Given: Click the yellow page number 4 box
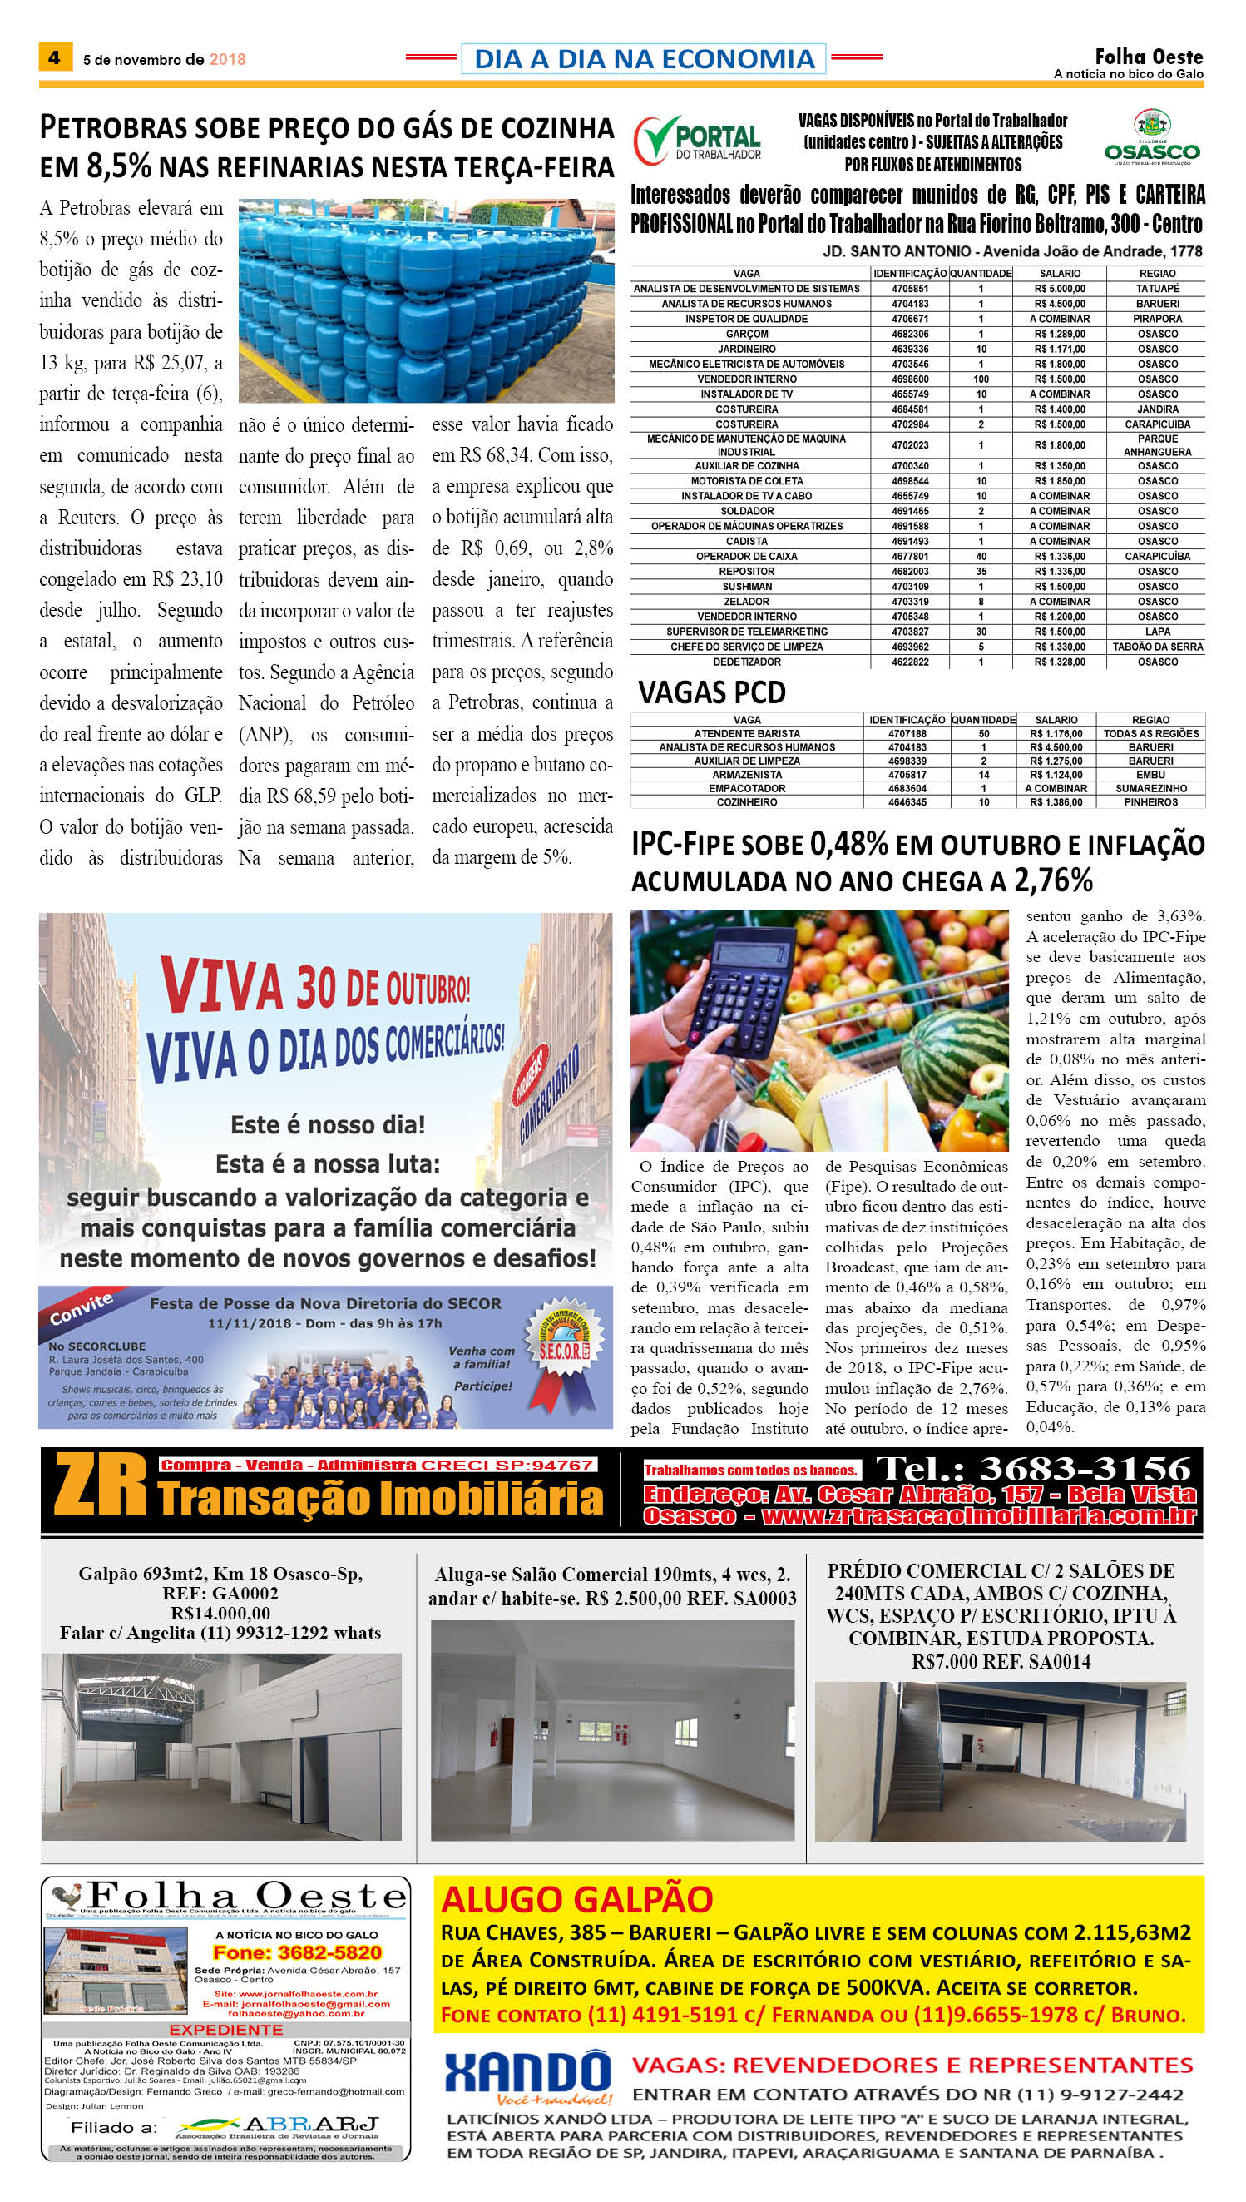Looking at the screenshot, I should (54, 57).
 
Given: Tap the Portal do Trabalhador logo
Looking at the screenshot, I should (698, 140).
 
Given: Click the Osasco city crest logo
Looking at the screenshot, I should (1151, 137).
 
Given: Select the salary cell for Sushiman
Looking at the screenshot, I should (1059, 587).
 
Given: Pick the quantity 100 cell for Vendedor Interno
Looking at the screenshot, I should (981, 379).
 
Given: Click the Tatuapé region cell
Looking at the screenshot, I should (1157, 289).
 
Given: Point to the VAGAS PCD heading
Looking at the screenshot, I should (711, 692).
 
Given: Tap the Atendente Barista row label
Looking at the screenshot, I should (746, 734).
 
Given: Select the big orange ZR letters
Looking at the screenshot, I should (100, 1487).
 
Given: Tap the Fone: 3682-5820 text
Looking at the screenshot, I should (297, 1952).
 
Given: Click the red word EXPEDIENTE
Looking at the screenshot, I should (226, 2030).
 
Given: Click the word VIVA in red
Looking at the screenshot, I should (220, 984).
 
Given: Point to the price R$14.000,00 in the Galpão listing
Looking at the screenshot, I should (220, 1613).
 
